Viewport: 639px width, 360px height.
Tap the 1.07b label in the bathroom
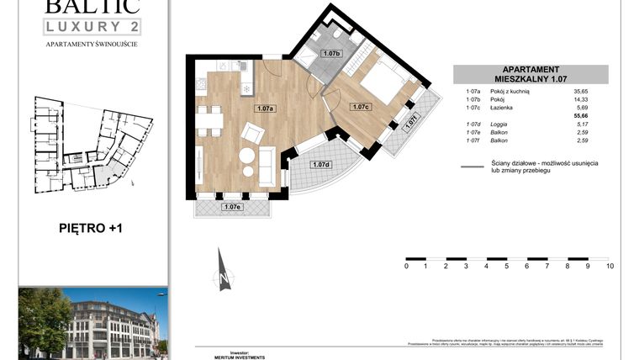tap(331, 54)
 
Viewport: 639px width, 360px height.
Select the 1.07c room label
tap(362, 107)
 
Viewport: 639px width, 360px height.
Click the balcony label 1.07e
tap(232, 207)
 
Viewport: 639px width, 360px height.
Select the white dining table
tap(210, 121)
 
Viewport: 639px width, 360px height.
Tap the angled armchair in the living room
tap(252, 133)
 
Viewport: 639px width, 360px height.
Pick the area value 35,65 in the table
tap(579, 90)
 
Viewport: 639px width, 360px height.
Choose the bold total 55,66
tap(578, 116)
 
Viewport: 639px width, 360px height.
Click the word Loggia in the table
tap(499, 124)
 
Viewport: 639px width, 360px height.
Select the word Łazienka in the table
tap(504, 108)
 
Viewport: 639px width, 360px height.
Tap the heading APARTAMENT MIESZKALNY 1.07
tap(530, 74)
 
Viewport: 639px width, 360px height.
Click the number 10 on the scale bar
tap(610, 266)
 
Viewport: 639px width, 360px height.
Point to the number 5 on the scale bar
tap(507, 266)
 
